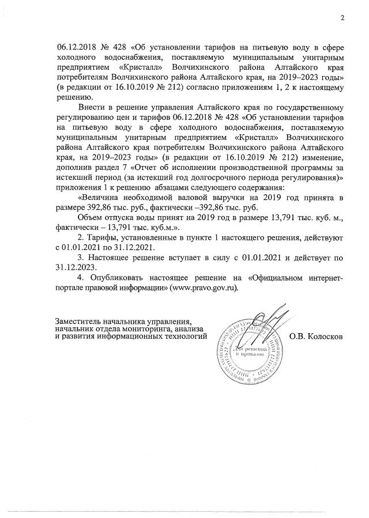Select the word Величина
96,198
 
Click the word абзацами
166,188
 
